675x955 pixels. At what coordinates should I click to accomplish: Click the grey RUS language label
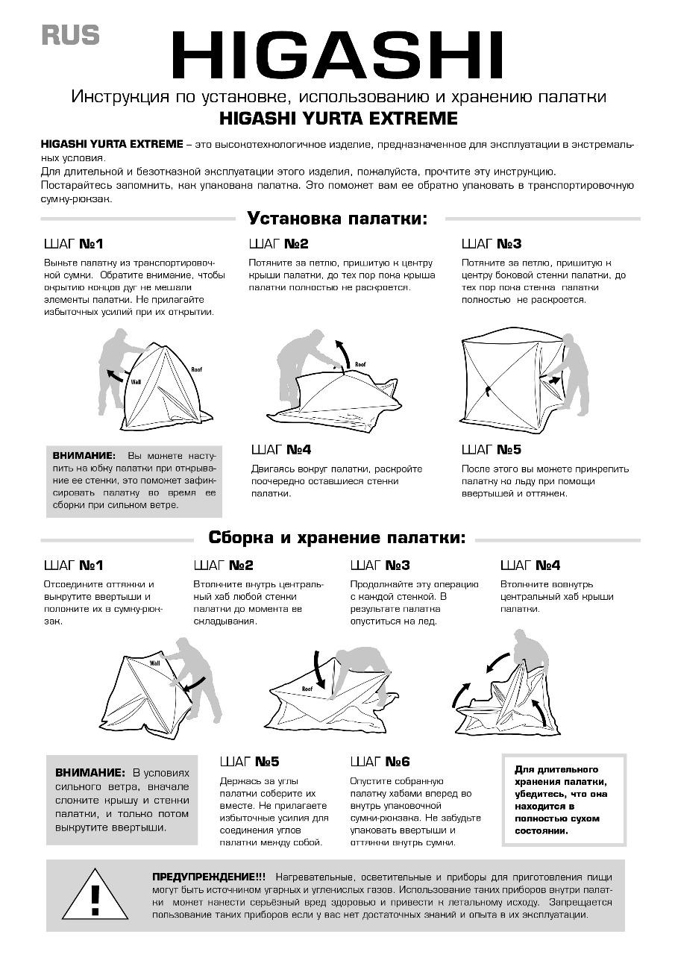70,35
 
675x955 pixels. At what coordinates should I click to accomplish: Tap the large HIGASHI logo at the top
337,54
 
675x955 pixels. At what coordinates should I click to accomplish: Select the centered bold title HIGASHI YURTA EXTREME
339,118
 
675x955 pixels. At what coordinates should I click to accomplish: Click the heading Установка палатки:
337,219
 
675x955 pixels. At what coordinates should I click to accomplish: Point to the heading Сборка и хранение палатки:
336,538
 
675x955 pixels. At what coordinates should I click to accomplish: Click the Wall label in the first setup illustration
136,382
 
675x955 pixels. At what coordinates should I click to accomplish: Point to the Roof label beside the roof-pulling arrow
360,365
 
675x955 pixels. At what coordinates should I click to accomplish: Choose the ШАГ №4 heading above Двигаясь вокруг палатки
281,449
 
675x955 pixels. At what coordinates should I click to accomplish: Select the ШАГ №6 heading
380,762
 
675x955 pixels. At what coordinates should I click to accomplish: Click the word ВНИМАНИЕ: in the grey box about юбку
84,456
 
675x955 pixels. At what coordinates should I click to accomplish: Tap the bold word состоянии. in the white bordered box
541,831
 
